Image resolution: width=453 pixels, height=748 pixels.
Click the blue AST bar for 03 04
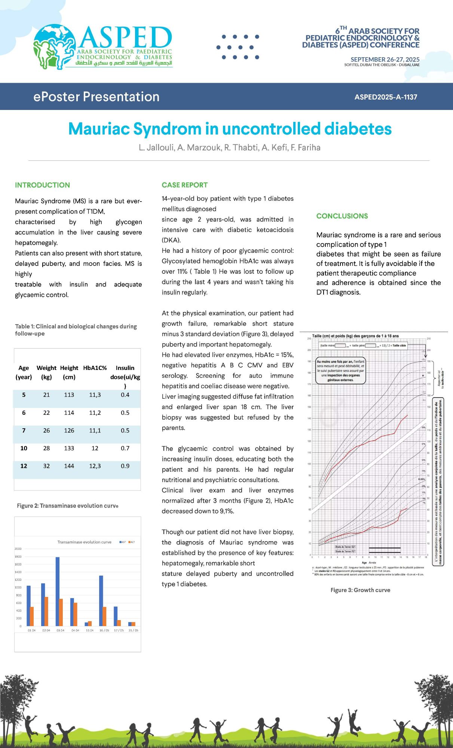[x=58, y=591]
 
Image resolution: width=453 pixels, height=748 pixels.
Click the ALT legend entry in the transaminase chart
[x=132, y=542]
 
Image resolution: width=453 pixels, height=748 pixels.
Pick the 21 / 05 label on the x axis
[x=133, y=630]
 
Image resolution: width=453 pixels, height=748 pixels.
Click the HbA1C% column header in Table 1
[x=95, y=368]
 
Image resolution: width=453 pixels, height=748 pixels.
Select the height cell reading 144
[x=69, y=466]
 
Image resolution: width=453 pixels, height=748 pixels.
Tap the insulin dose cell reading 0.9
[x=125, y=466]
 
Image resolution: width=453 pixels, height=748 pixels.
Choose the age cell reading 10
[x=24, y=448]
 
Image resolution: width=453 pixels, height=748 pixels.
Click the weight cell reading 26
[x=46, y=430]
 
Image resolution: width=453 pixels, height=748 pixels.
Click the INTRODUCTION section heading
[x=42, y=185]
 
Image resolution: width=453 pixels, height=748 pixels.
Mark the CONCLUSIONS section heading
[x=342, y=216]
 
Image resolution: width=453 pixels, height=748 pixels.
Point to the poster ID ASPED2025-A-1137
[x=386, y=97]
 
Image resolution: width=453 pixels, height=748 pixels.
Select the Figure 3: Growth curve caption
[x=360, y=590]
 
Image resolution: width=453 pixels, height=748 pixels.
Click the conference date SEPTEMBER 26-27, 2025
[x=385, y=59]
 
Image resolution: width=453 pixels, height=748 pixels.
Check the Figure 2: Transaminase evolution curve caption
[x=67, y=506]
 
